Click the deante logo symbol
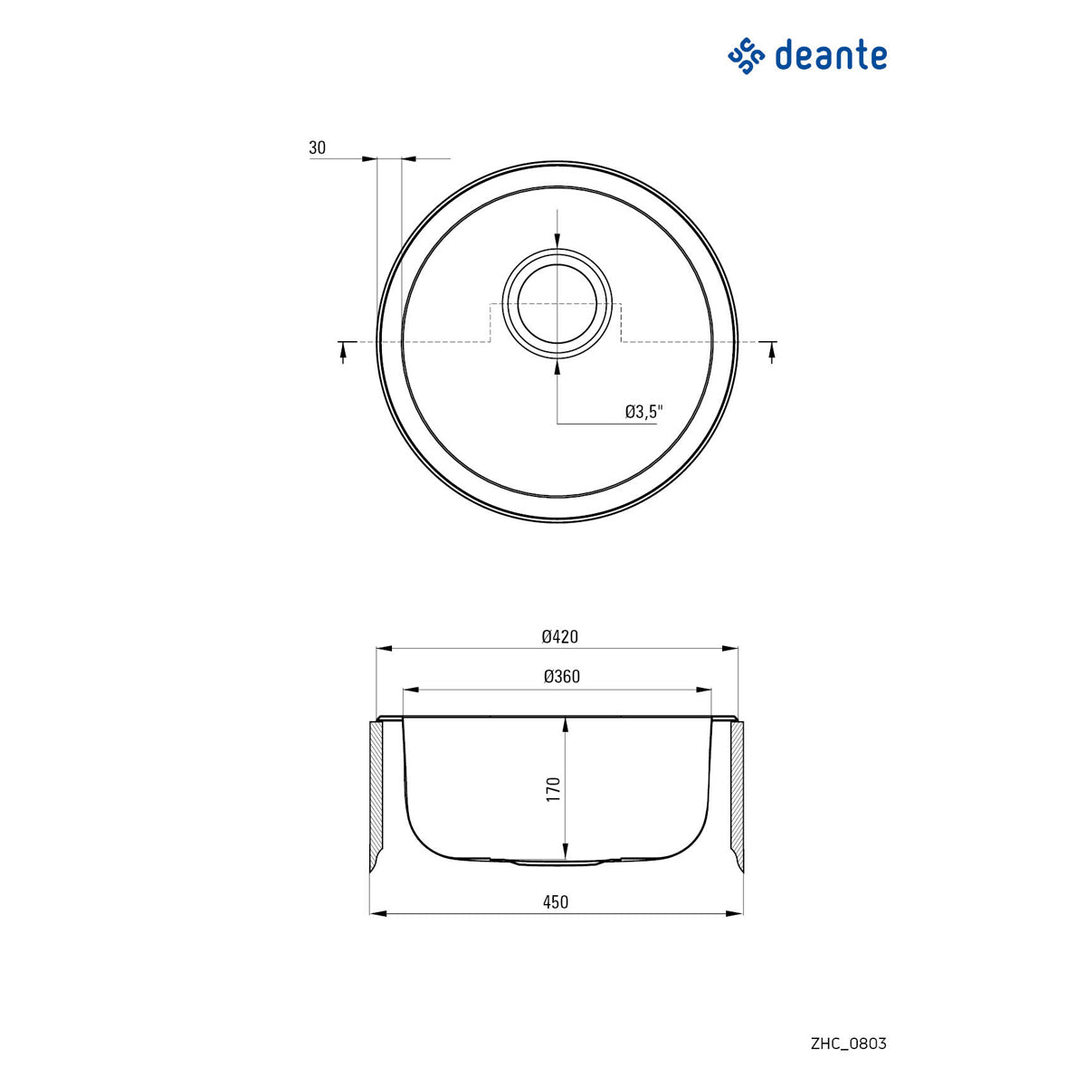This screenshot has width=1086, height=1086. click(747, 57)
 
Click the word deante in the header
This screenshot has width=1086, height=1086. click(831, 56)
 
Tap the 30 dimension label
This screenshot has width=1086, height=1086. click(317, 148)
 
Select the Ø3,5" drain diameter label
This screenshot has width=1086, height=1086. click(643, 412)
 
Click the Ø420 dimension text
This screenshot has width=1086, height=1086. click(559, 636)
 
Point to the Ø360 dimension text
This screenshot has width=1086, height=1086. click(561, 676)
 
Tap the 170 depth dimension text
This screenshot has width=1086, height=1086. click(554, 788)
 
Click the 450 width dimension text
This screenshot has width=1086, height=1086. click(557, 901)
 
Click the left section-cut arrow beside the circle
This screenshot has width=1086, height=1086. click(343, 351)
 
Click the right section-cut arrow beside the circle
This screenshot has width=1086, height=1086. click(771, 351)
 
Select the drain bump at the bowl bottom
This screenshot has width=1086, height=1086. click(557, 862)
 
